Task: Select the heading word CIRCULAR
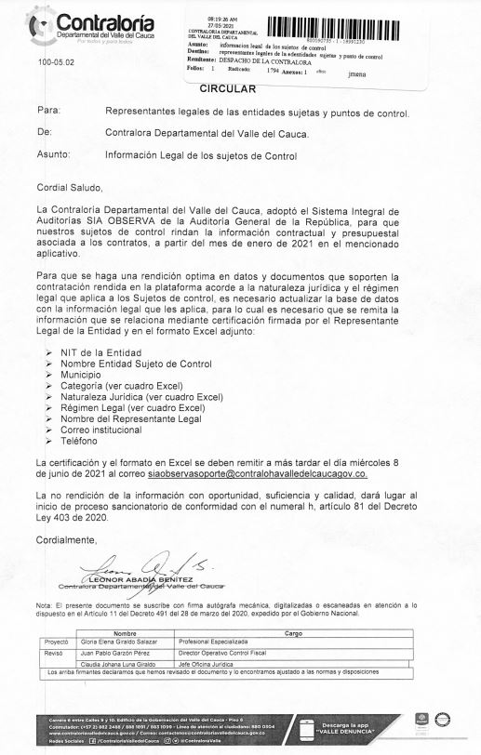[x=228, y=88]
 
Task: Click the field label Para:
[x=47, y=111]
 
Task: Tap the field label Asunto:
[x=53, y=155]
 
